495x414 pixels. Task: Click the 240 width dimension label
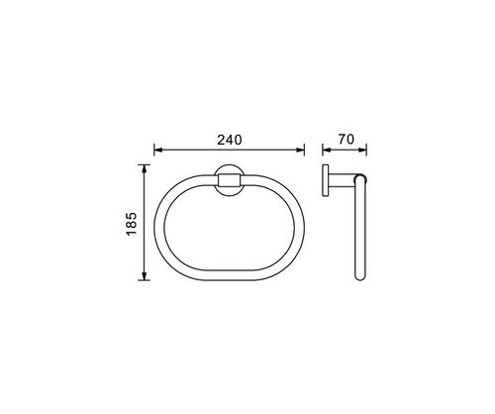pyautogui.click(x=230, y=140)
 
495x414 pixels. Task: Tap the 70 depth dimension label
pyautogui.click(x=346, y=140)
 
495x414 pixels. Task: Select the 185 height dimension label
pyautogui.click(x=132, y=224)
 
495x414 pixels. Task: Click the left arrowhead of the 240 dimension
pyautogui.click(x=158, y=150)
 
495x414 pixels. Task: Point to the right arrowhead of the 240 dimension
pyautogui.click(x=300, y=150)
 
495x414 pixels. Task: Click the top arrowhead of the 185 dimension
pyautogui.click(x=144, y=169)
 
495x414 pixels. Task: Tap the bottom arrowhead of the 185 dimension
pyautogui.click(x=144, y=275)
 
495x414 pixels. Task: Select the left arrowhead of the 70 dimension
pyautogui.click(x=327, y=150)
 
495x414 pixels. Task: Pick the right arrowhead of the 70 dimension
pyautogui.click(x=362, y=150)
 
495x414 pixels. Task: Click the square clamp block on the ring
pyautogui.click(x=229, y=180)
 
